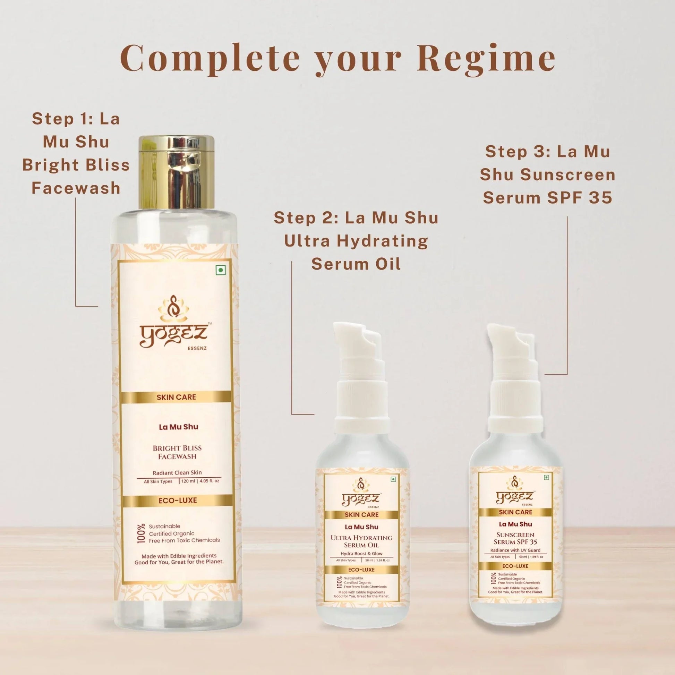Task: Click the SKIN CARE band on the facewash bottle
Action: (x=176, y=397)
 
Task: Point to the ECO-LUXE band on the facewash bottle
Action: (x=178, y=500)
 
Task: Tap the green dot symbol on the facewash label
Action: (x=221, y=270)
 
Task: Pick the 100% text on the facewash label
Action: (x=141, y=533)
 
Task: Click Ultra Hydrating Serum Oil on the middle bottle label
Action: (x=361, y=541)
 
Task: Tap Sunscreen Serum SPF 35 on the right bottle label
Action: (x=515, y=538)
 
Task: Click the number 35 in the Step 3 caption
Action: (x=600, y=198)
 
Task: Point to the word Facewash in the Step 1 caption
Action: (x=76, y=188)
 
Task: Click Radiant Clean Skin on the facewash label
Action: (x=177, y=473)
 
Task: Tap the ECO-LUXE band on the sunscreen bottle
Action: (x=515, y=566)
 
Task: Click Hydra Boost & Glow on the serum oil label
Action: (x=361, y=553)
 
